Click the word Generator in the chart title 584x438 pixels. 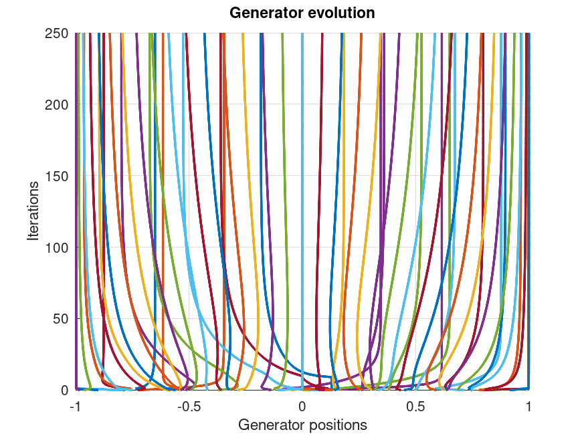264,13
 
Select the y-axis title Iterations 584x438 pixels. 33,211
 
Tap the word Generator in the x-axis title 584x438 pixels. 268,425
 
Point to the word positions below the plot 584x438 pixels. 334,425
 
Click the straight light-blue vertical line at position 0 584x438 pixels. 302,201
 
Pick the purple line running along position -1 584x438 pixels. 76,201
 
